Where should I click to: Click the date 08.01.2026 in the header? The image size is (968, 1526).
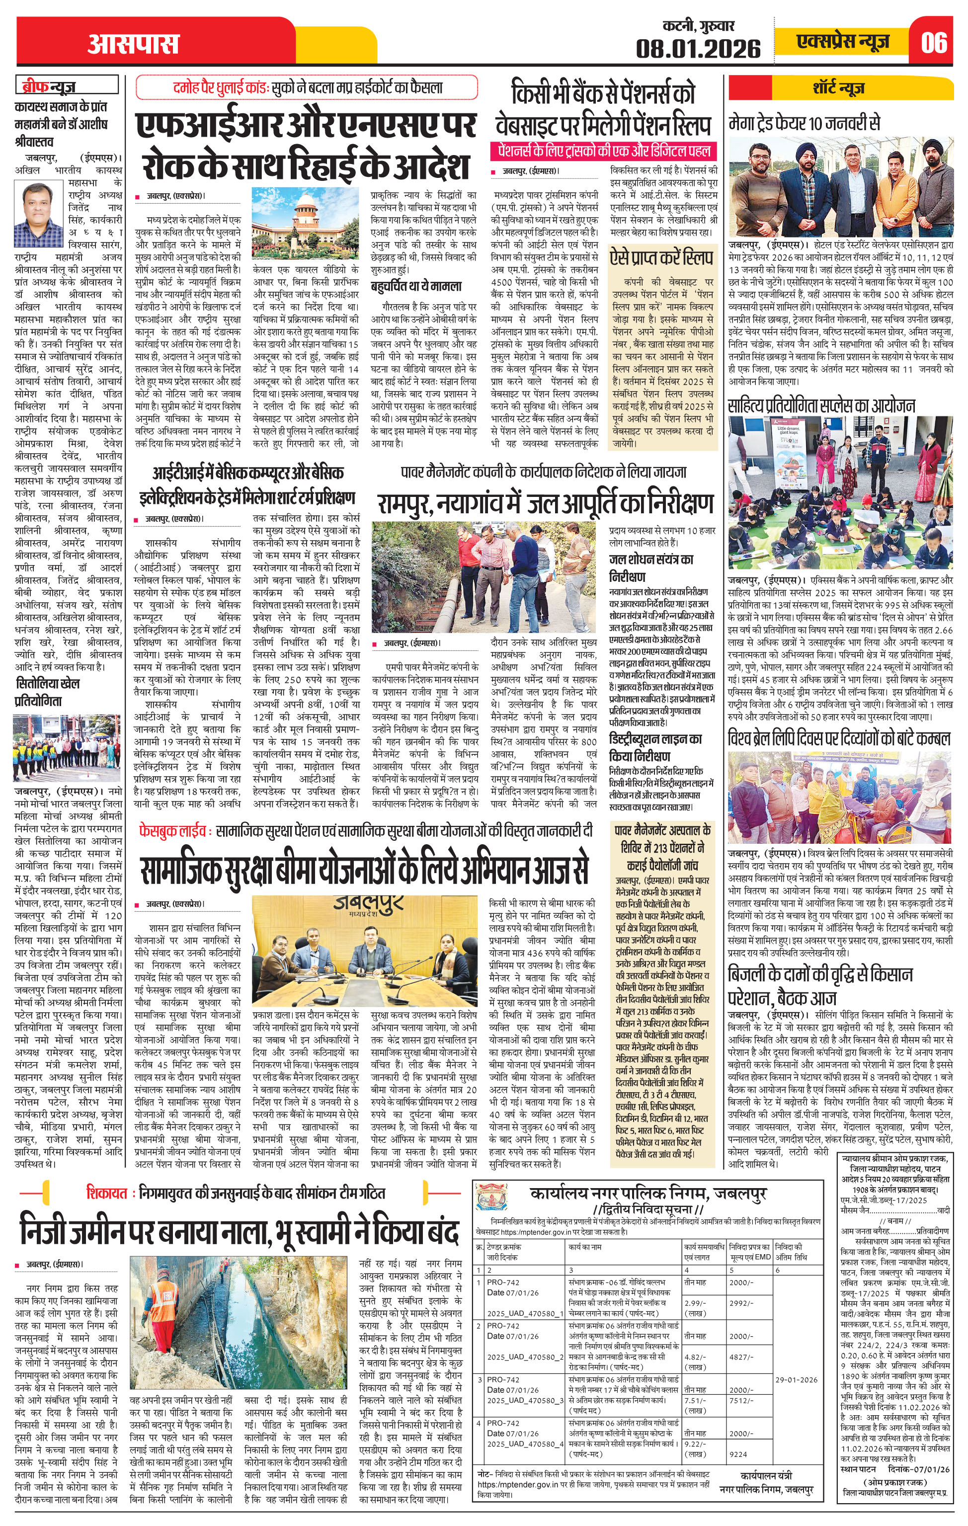tap(699, 48)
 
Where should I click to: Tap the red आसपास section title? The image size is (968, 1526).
tap(133, 44)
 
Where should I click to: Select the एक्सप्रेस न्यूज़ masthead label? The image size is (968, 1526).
tap(843, 42)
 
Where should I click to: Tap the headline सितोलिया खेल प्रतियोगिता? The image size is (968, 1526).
tap(48, 693)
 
